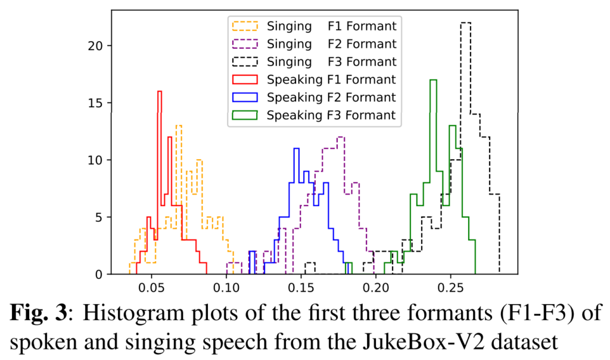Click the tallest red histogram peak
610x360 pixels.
tap(159, 92)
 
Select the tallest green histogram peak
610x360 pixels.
tap(433, 80)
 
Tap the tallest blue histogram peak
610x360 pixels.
tap(295, 149)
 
